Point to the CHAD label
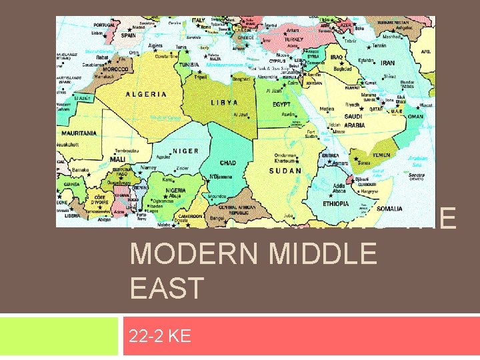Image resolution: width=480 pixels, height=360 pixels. pos(228,163)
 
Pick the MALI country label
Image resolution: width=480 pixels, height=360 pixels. pos(117,160)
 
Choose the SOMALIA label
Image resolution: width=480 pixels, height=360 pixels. pos(389,209)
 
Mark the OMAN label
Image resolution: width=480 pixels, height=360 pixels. pos(415,117)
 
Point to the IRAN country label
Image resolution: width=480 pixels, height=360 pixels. pos(387,63)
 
